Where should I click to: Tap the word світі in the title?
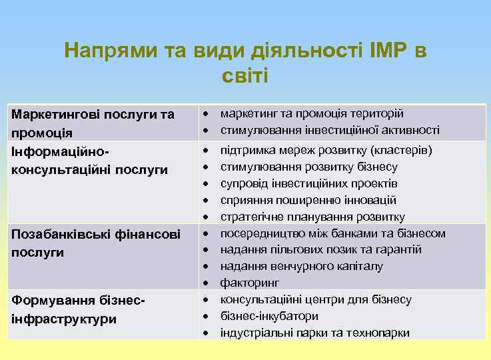[245, 75]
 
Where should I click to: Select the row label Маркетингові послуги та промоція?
[93, 123]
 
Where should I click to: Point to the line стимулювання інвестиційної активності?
[330, 129]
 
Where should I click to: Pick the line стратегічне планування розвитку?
[312, 217]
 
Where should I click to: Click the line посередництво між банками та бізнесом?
[332, 233]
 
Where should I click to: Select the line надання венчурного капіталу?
[301, 266]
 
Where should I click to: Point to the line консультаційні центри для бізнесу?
[316, 299]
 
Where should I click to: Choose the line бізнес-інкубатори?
[269, 316]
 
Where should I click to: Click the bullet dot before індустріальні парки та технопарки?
[207, 333]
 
